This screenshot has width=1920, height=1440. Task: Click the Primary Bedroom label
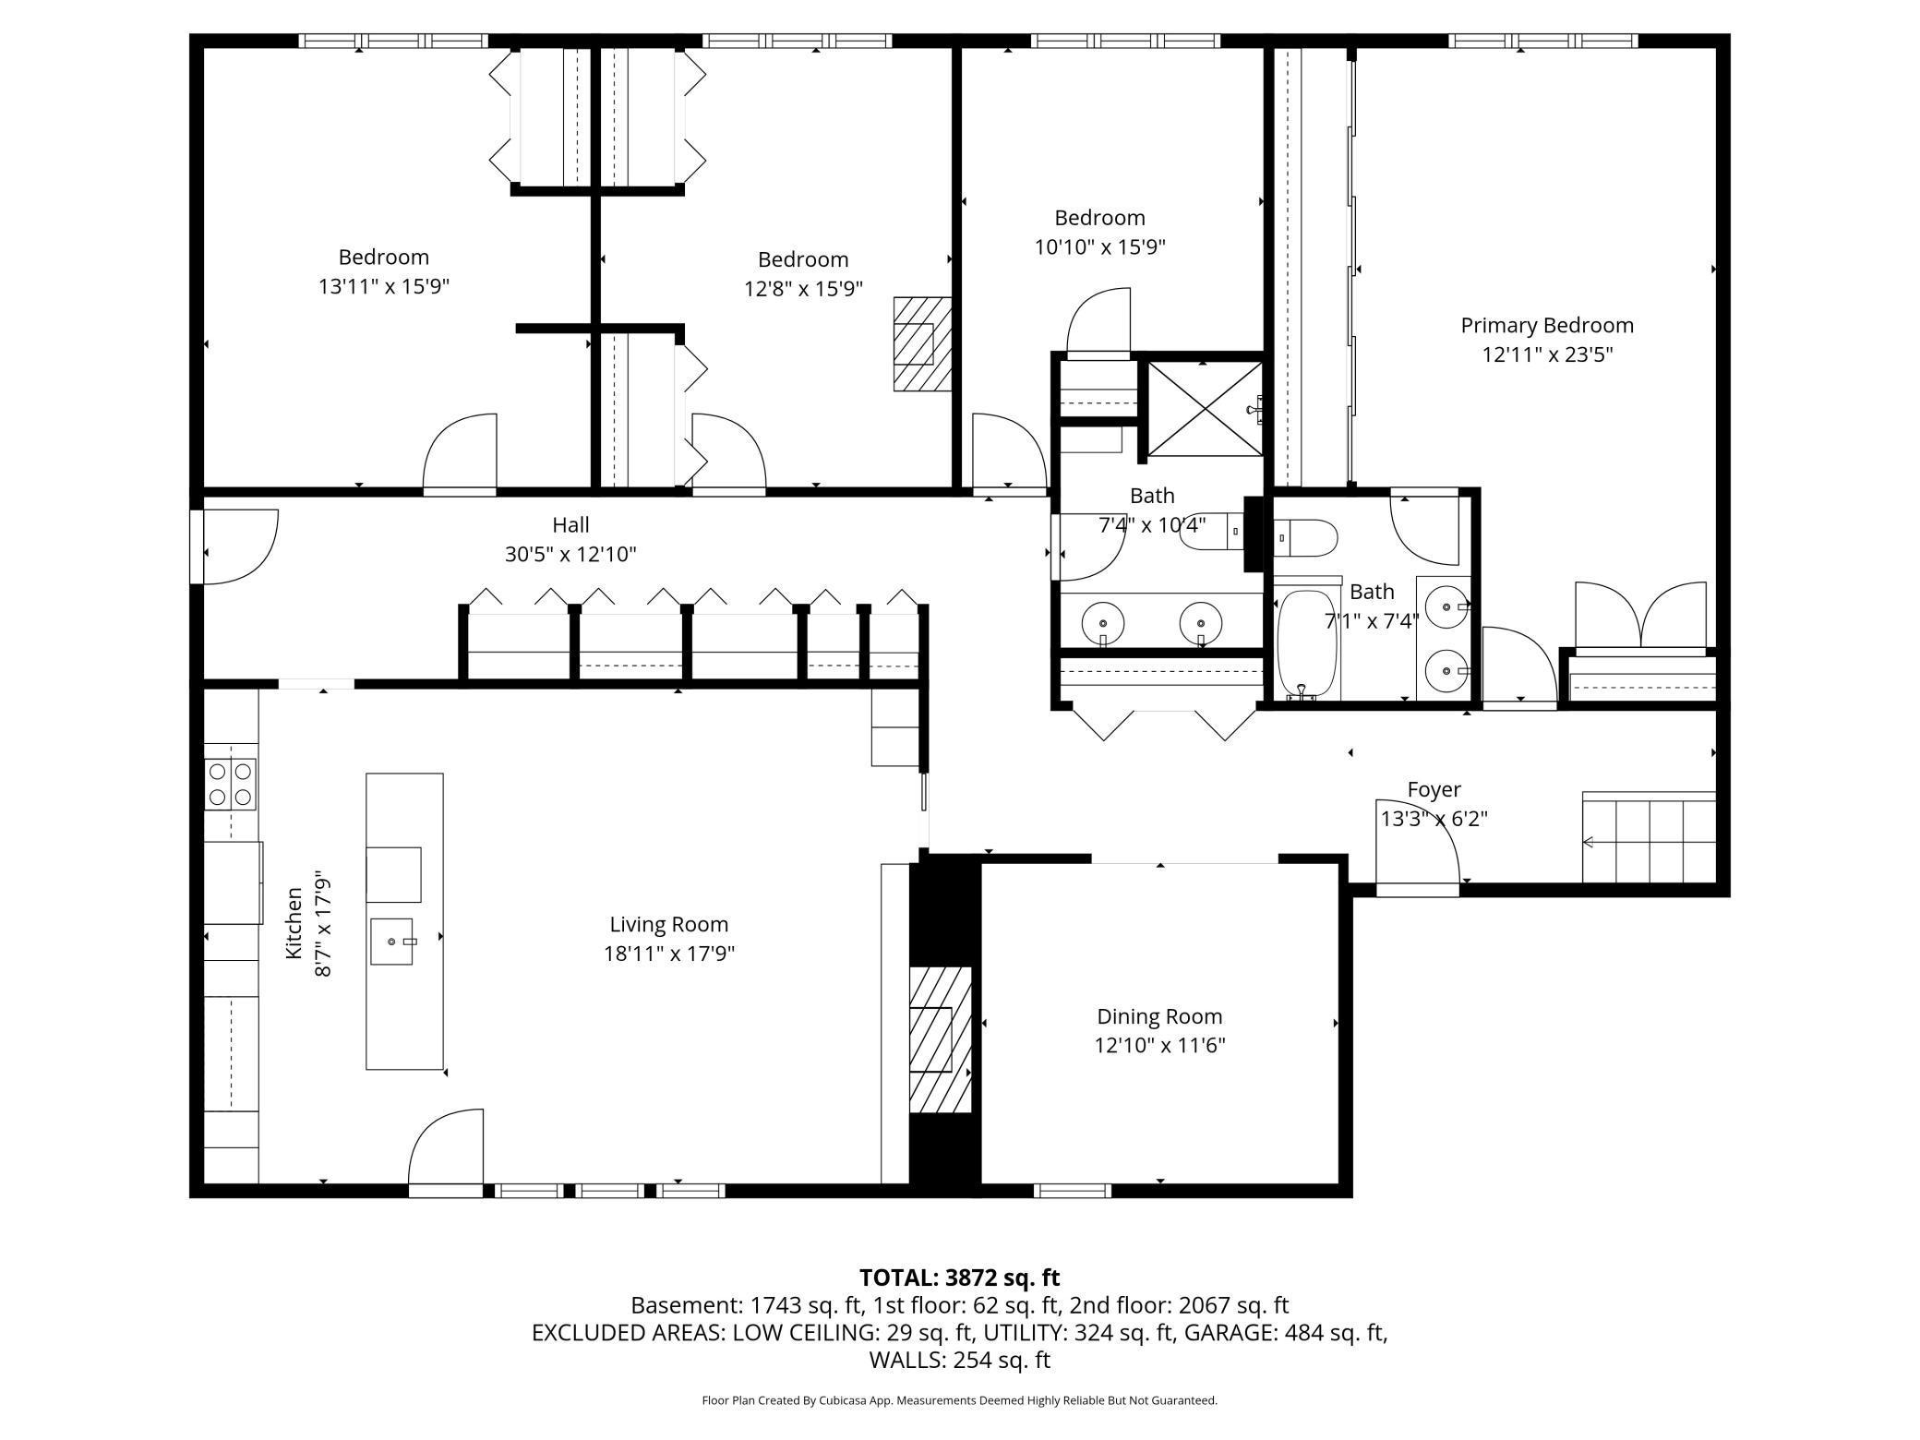coord(1547,326)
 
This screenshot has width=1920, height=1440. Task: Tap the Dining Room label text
coord(1159,1016)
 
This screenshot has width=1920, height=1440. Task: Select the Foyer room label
coord(1434,789)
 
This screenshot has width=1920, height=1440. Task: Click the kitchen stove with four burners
coord(231,784)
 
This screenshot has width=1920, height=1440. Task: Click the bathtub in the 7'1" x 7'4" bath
coord(1307,642)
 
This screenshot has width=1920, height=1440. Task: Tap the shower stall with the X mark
coord(1205,409)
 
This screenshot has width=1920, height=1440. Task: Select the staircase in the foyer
coord(1649,837)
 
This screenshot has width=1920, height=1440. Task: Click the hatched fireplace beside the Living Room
coord(941,1039)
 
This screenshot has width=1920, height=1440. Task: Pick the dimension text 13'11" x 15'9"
coord(384,286)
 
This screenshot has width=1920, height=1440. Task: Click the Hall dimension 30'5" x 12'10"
coord(570,554)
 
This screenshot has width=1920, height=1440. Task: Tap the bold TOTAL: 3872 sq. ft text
coord(960,1278)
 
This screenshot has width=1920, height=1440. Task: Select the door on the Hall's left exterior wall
coord(234,546)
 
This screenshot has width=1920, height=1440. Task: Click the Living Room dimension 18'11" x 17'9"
coord(669,953)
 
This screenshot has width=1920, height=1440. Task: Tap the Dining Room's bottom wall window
coord(1073,1191)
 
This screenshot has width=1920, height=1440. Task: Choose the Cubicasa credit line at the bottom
coord(960,1400)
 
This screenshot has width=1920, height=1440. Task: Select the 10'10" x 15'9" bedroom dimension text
coord(1100,246)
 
